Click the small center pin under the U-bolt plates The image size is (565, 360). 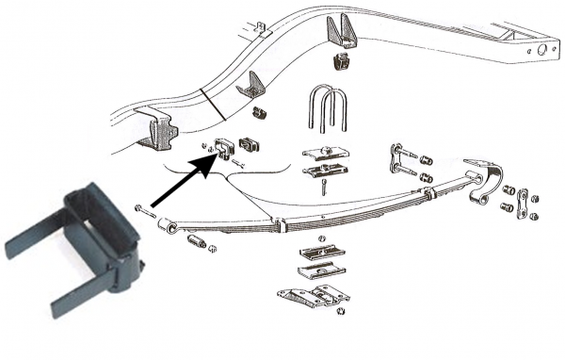click(321, 187)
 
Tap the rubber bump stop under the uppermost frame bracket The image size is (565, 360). click(343, 64)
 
